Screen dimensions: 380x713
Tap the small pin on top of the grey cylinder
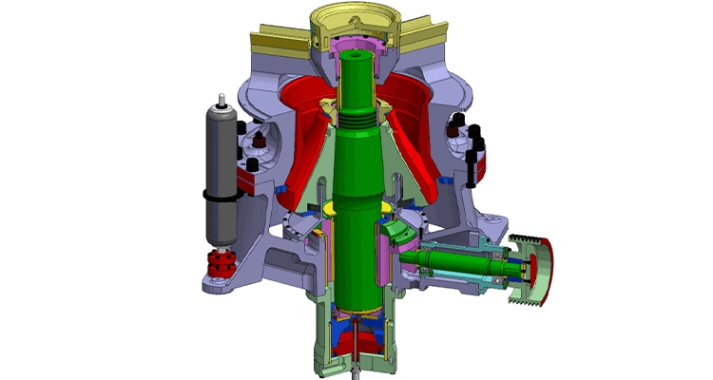(221, 99)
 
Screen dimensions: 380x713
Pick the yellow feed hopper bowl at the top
(357, 19)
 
